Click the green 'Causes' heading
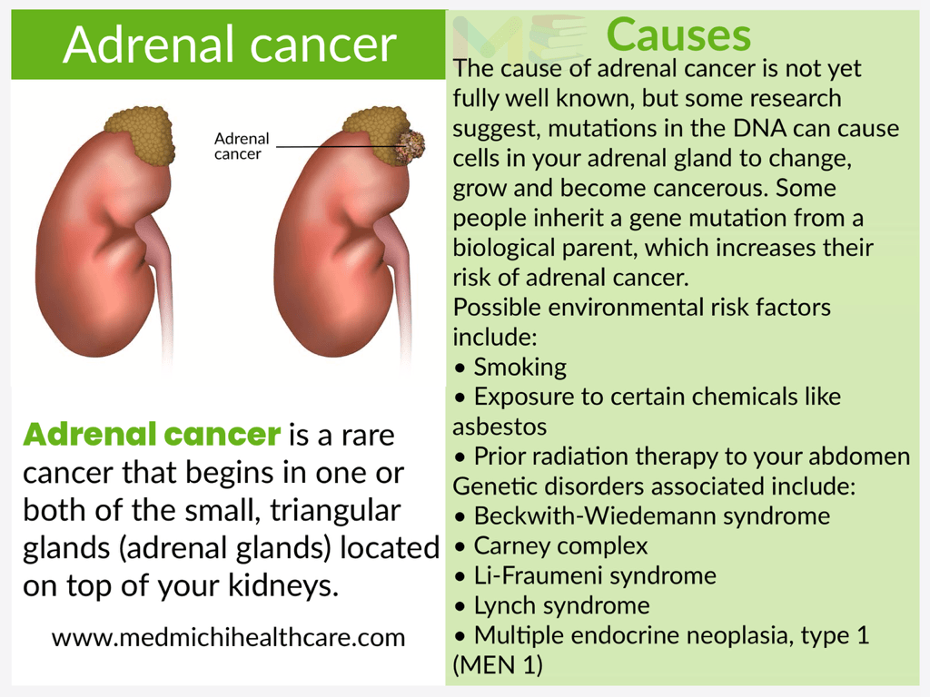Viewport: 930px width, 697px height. [678, 34]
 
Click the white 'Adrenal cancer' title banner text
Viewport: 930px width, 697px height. [230, 44]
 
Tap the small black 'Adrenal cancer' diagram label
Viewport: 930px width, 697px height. [242, 146]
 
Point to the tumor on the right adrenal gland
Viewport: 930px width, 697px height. [411, 146]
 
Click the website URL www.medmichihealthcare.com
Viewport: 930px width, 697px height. [228, 638]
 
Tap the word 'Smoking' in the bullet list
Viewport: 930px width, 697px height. [519, 368]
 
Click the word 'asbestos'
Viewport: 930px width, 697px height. [500, 427]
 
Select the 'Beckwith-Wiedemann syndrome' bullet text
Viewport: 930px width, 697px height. [652, 516]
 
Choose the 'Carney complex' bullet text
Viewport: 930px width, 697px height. [560, 545]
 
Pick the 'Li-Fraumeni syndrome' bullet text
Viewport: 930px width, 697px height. [595, 575]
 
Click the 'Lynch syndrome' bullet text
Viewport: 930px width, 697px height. [561, 605]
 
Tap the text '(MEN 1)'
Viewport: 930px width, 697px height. [498, 665]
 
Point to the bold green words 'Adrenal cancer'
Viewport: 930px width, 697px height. [152, 434]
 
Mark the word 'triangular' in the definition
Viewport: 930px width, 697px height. [336, 511]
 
